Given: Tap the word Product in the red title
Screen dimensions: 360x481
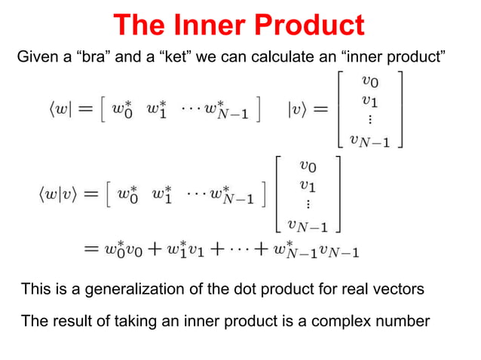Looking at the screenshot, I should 311,26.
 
